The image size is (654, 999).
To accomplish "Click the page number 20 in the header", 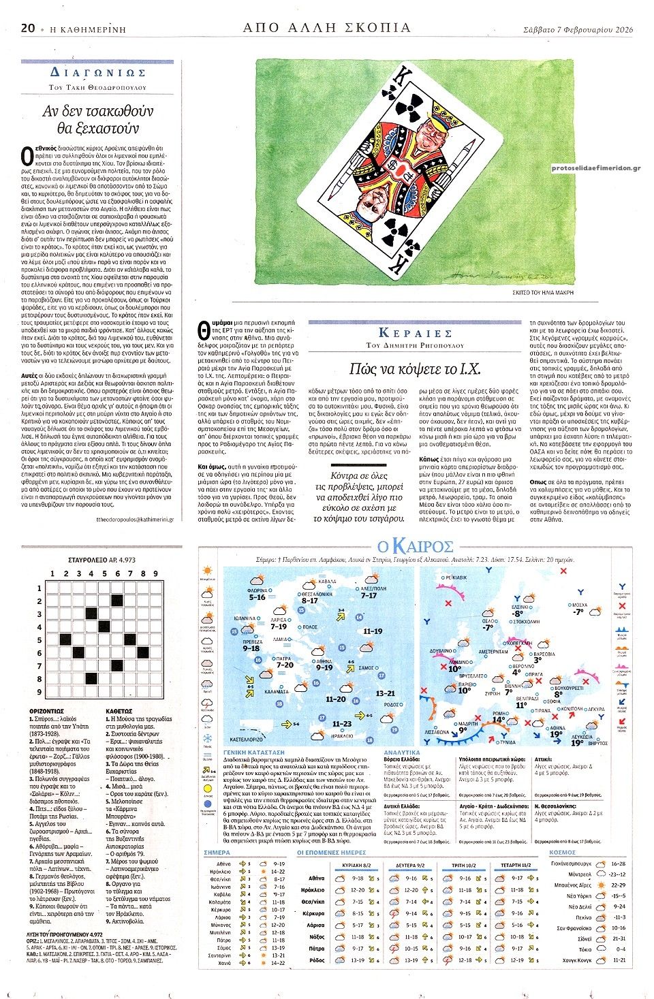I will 28,27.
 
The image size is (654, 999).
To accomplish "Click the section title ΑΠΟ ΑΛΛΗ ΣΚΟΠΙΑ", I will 327,27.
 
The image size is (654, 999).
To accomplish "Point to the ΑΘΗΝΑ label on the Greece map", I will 324,661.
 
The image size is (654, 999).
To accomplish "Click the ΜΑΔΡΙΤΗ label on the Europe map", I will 467,724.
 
